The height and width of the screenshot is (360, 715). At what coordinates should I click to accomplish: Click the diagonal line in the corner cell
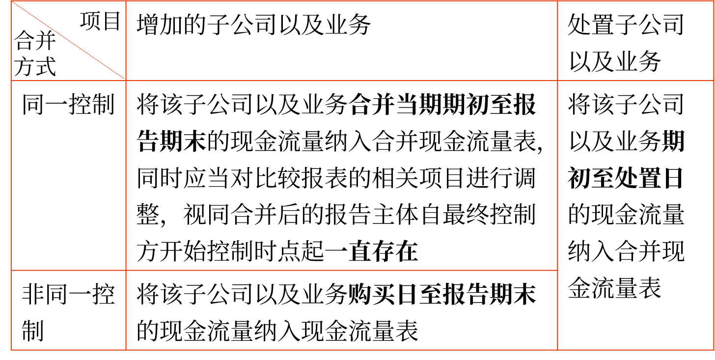click(x=68, y=40)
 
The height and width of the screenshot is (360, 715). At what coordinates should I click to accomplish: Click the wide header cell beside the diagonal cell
click(x=341, y=40)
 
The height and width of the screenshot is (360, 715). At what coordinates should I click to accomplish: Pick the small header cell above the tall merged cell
click(x=635, y=40)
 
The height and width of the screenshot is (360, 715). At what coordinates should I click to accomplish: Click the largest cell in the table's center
click(x=341, y=175)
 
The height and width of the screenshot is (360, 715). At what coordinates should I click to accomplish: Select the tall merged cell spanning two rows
click(x=635, y=215)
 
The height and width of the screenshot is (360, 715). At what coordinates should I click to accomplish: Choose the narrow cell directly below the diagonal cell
click(x=68, y=175)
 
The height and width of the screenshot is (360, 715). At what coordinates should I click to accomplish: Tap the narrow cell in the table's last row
click(x=68, y=310)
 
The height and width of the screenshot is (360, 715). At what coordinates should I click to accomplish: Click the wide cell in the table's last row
click(x=341, y=310)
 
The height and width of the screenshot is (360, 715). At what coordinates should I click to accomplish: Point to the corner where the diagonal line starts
click(x=11, y=1)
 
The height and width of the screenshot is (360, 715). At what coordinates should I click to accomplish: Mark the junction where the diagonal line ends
click(x=126, y=80)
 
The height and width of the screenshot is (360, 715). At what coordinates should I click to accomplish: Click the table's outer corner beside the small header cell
click(x=713, y=1)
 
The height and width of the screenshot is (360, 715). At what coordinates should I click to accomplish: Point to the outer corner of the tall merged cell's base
click(x=713, y=350)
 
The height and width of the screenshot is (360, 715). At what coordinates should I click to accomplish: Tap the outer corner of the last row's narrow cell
click(x=11, y=350)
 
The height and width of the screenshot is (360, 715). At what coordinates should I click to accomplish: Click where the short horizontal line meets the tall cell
click(x=557, y=270)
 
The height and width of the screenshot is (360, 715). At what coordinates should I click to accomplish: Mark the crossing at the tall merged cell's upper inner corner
click(x=557, y=80)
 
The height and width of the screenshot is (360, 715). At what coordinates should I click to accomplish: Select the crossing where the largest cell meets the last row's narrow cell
click(x=126, y=270)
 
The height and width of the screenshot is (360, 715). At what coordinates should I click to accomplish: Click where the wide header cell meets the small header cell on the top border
click(x=557, y=1)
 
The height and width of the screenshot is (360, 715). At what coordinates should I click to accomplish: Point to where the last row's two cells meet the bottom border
click(x=126, y=350)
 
